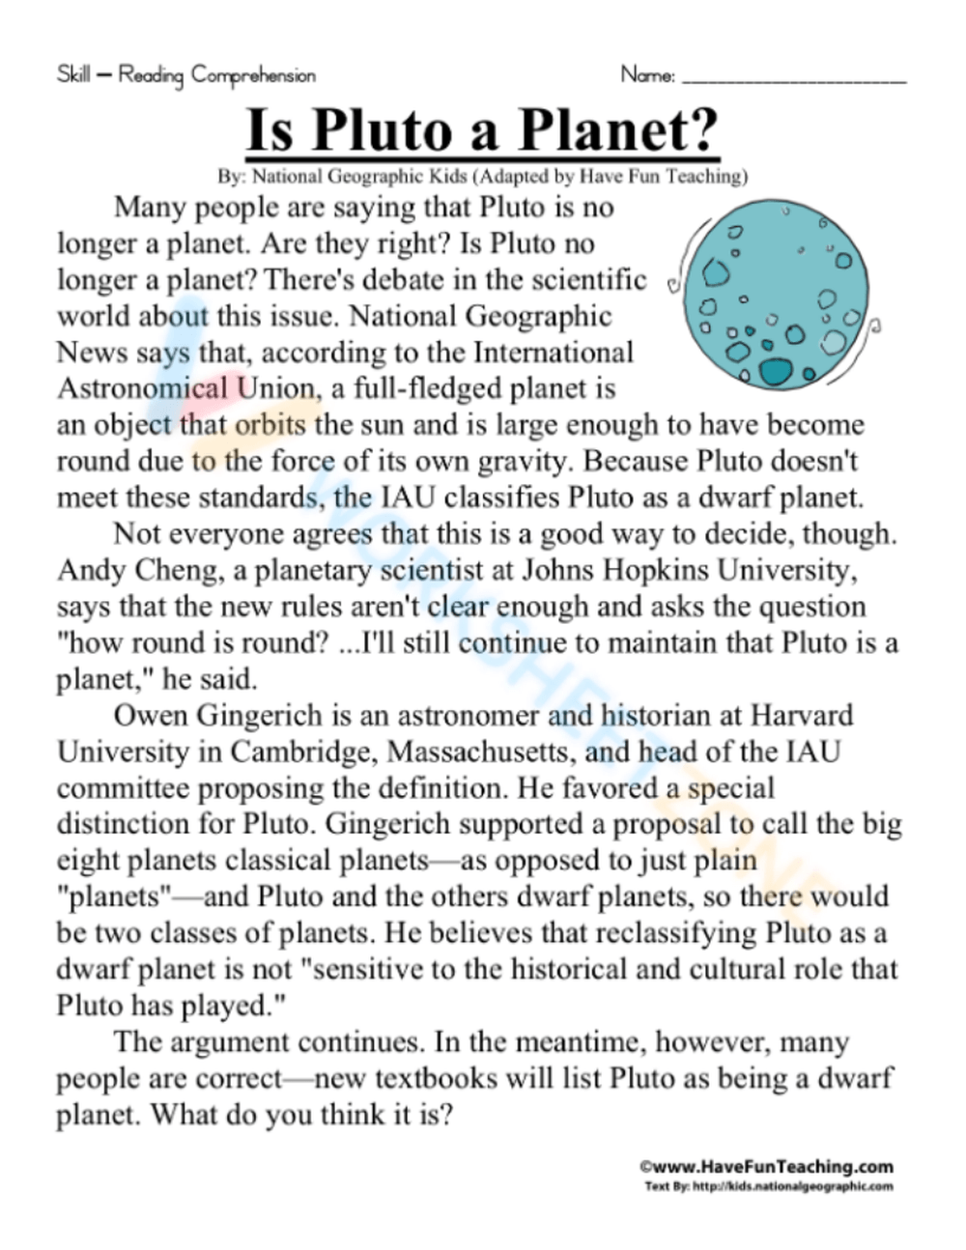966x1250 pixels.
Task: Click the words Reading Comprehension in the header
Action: [217, 74]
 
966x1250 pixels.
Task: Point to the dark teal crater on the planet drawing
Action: [774, 371]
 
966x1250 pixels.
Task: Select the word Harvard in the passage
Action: [802, 716]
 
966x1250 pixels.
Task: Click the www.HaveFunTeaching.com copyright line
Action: [766, 1167]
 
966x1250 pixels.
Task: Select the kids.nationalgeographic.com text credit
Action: [768, 1186]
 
